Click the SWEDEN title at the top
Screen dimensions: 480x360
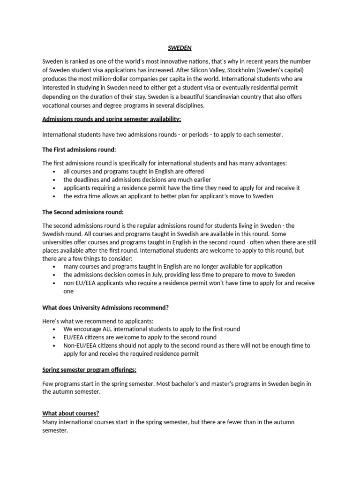pos(180,48)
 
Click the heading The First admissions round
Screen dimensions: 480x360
pos(79,150)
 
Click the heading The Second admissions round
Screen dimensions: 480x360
pos(83,212)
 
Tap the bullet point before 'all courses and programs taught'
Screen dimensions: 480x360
pos(55,172)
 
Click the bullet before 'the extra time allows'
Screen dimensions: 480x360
pos(55,196)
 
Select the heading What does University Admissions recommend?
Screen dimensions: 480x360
pos(105,307)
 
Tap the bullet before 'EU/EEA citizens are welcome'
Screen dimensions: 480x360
pos(55,337)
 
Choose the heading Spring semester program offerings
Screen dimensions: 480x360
pos(89,370)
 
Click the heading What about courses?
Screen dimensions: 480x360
pos(70,413)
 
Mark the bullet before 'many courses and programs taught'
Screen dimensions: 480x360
pos(55,267)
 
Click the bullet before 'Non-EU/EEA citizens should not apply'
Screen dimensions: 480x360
pos(55,345)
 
